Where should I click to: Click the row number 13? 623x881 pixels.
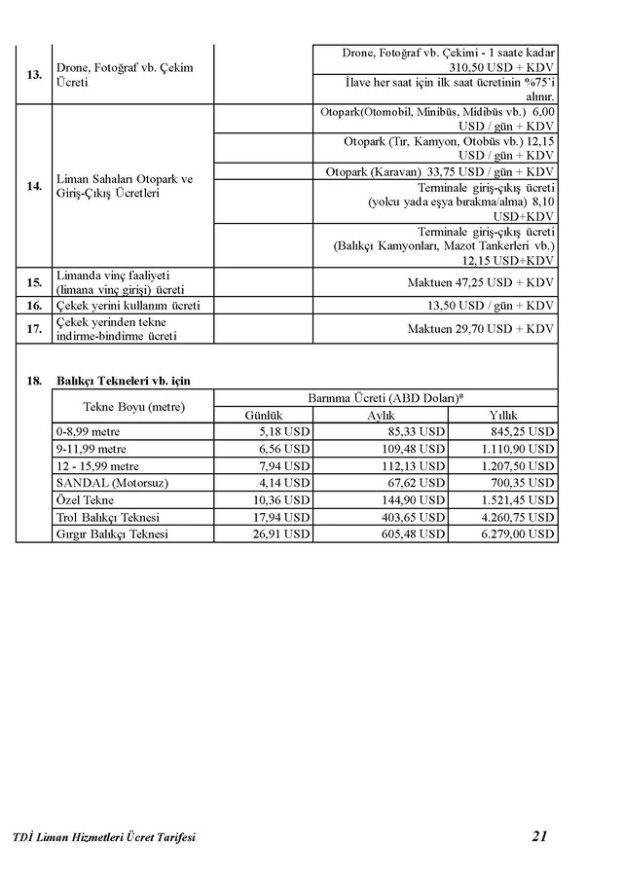[x=34, y=75]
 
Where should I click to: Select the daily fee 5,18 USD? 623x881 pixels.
[x=285, y=431]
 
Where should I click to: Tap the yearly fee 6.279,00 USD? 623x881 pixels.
[x=519, y=534]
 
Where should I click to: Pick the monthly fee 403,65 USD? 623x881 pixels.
[x=412, y=517]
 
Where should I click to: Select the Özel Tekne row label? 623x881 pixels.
[x=85, y=500]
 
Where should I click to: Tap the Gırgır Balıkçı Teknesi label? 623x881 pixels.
[x=113, y=534]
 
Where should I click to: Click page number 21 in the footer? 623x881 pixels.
[x=541, y=835]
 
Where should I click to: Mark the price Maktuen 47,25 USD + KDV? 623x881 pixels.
[x=481, y=282]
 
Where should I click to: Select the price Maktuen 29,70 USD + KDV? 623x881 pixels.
[x=481, y=329]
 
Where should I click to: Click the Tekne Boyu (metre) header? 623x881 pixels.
[x=133, y=406]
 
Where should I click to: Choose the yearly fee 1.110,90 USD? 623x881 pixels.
[x=516, y=449]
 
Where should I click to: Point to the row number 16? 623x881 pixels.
[x=34, y=306]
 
